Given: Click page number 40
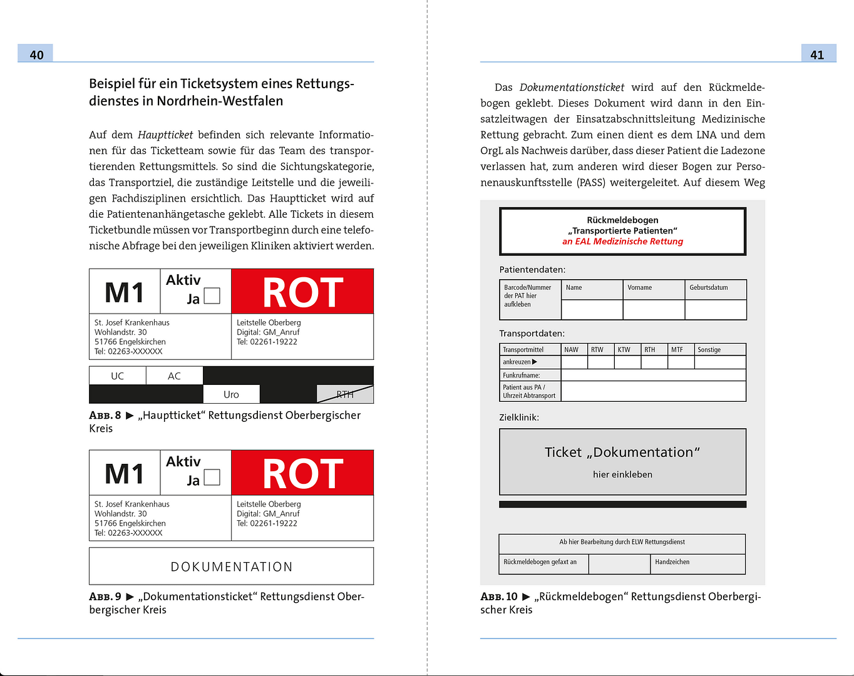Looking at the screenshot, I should pos(36,54).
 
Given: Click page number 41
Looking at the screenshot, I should pos(817,54).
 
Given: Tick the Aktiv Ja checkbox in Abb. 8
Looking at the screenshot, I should pos(213,296).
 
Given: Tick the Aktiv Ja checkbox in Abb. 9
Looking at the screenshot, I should pos(213,478).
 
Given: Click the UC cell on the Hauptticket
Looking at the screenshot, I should pos(118,376).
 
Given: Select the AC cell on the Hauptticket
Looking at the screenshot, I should pos(174,376).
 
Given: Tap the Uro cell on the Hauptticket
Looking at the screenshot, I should pos(231,394).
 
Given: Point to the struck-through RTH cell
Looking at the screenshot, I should pos(345,394).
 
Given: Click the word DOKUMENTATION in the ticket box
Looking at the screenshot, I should pos(232,566).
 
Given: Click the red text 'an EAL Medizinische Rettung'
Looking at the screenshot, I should pos(622,242).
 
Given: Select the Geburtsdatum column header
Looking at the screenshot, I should pos(709,288).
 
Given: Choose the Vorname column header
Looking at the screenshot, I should pos(640,288).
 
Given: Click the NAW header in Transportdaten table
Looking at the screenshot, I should pos(571,350).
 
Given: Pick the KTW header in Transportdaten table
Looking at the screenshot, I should pos(624,350).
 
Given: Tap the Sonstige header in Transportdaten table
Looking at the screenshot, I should pos(709,350).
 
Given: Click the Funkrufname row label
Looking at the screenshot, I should pos(522,376).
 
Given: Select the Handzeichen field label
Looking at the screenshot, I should pos(672,562).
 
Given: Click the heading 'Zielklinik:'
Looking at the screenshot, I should pos(519,417).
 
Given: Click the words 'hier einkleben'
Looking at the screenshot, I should pos(622,474).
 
